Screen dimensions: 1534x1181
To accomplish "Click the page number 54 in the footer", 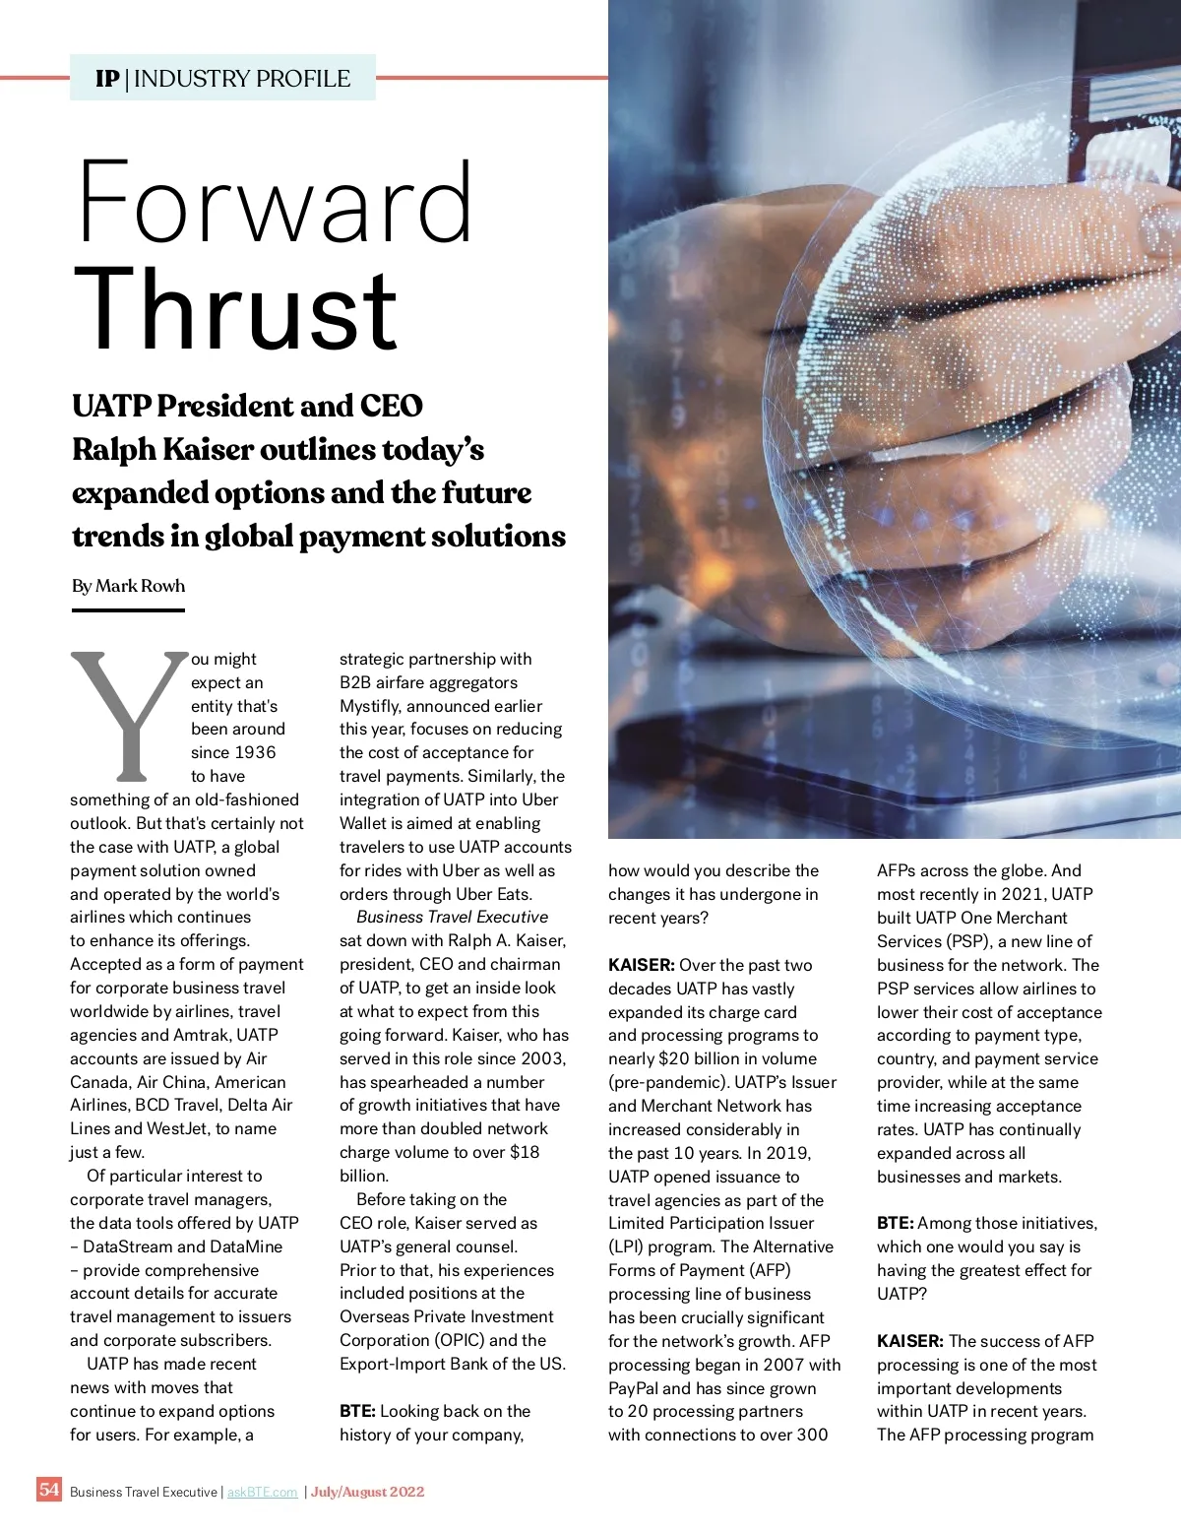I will tap(49, 1489).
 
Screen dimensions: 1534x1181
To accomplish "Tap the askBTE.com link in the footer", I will tap(262, 1492).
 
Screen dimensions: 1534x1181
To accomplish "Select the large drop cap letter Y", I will tap(128, 714).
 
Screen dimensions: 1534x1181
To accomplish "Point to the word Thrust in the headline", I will tap(236, 310).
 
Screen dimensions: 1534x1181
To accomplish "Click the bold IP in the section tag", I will tap(107, 79).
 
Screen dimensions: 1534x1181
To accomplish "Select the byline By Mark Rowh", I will tap(128, 586).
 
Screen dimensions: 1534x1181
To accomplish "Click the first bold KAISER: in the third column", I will tap(641, 965).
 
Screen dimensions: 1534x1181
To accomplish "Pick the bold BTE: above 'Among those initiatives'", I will tap(895, 1223).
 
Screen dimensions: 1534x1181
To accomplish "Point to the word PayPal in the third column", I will tap(635, 1388).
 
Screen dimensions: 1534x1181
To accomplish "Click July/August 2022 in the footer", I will tap(367, 1492).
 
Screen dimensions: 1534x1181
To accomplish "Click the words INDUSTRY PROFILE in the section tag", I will tap(242, 79).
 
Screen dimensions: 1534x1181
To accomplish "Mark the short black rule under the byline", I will tap(128, 610).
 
